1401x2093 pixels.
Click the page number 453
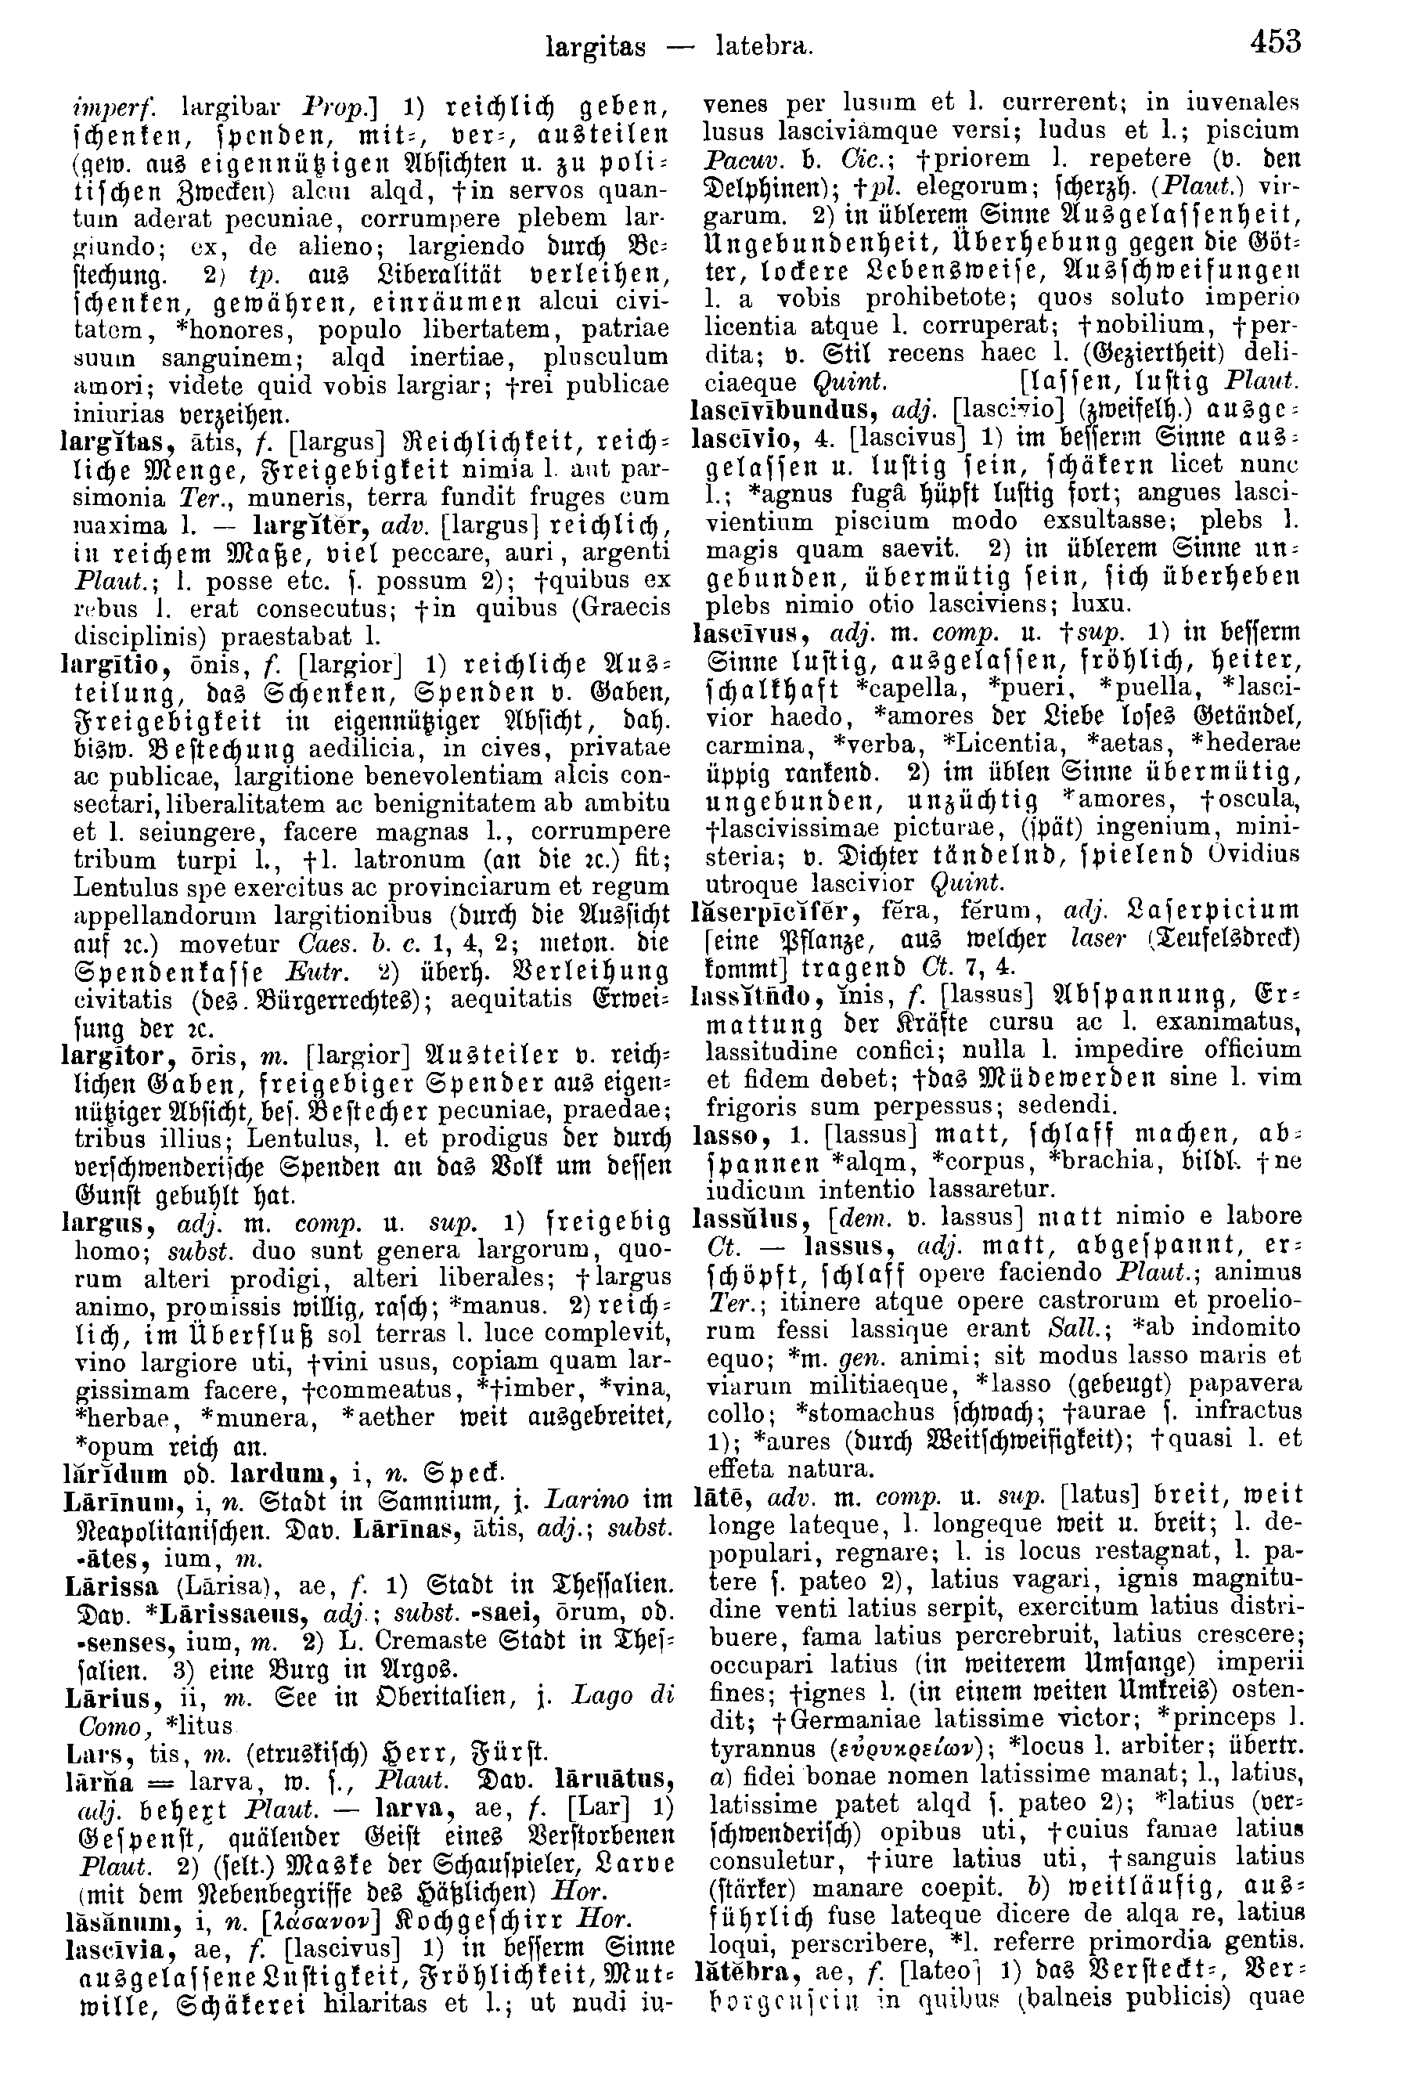(1275, 41)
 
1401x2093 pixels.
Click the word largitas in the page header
(595, 45)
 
